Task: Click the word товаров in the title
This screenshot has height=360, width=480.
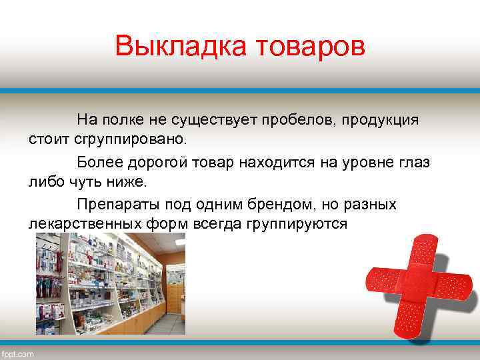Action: [310, 47]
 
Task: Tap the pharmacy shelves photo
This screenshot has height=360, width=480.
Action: [110, 283]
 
